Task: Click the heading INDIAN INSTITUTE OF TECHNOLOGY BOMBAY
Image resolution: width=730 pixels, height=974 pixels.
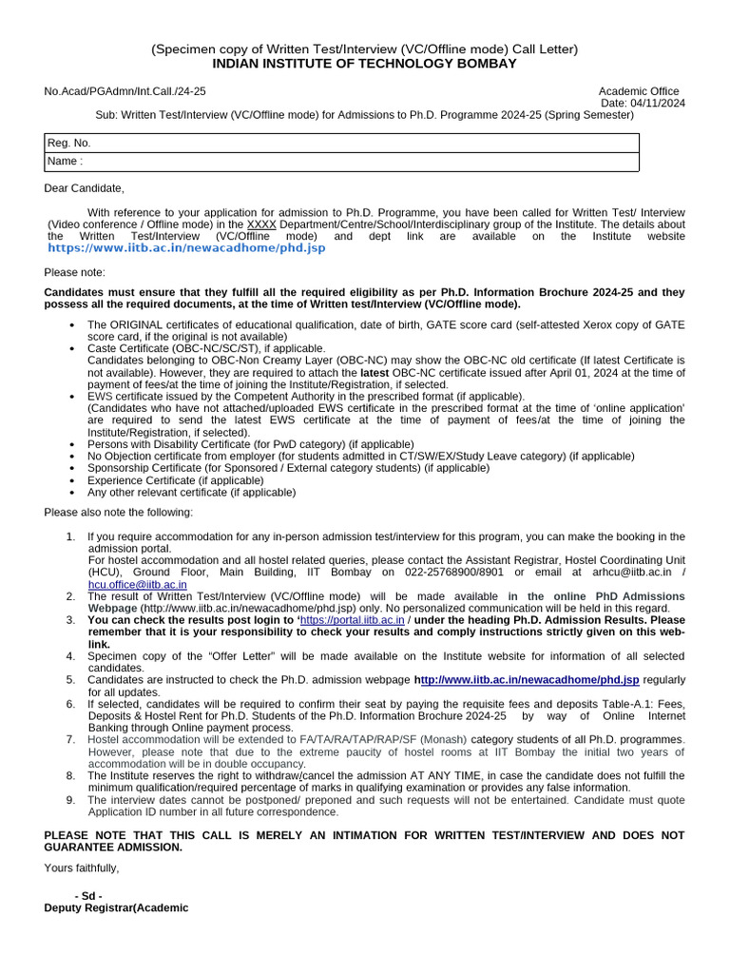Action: [365, 64]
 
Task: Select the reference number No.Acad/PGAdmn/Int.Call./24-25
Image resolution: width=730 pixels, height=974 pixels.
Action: [125, 91]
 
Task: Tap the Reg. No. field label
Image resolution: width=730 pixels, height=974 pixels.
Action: [69, 143]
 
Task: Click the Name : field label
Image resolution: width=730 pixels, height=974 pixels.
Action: [66, 162]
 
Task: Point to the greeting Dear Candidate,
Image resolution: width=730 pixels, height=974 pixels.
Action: [85, 188]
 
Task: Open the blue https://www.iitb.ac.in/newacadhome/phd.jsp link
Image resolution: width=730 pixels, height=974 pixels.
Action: [186, 248]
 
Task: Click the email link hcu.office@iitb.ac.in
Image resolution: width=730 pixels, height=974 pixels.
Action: [137, 584]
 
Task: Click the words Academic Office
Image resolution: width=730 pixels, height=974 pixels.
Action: [640, 91]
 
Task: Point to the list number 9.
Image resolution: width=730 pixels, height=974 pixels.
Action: [70, 800]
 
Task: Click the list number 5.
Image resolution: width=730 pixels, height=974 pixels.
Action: [70, 680]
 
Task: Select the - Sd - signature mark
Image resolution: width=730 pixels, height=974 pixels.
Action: [88, 896]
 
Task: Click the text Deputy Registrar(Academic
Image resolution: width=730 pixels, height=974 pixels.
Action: [117, 908]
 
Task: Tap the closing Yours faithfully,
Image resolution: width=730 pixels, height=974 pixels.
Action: [82, 867]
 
